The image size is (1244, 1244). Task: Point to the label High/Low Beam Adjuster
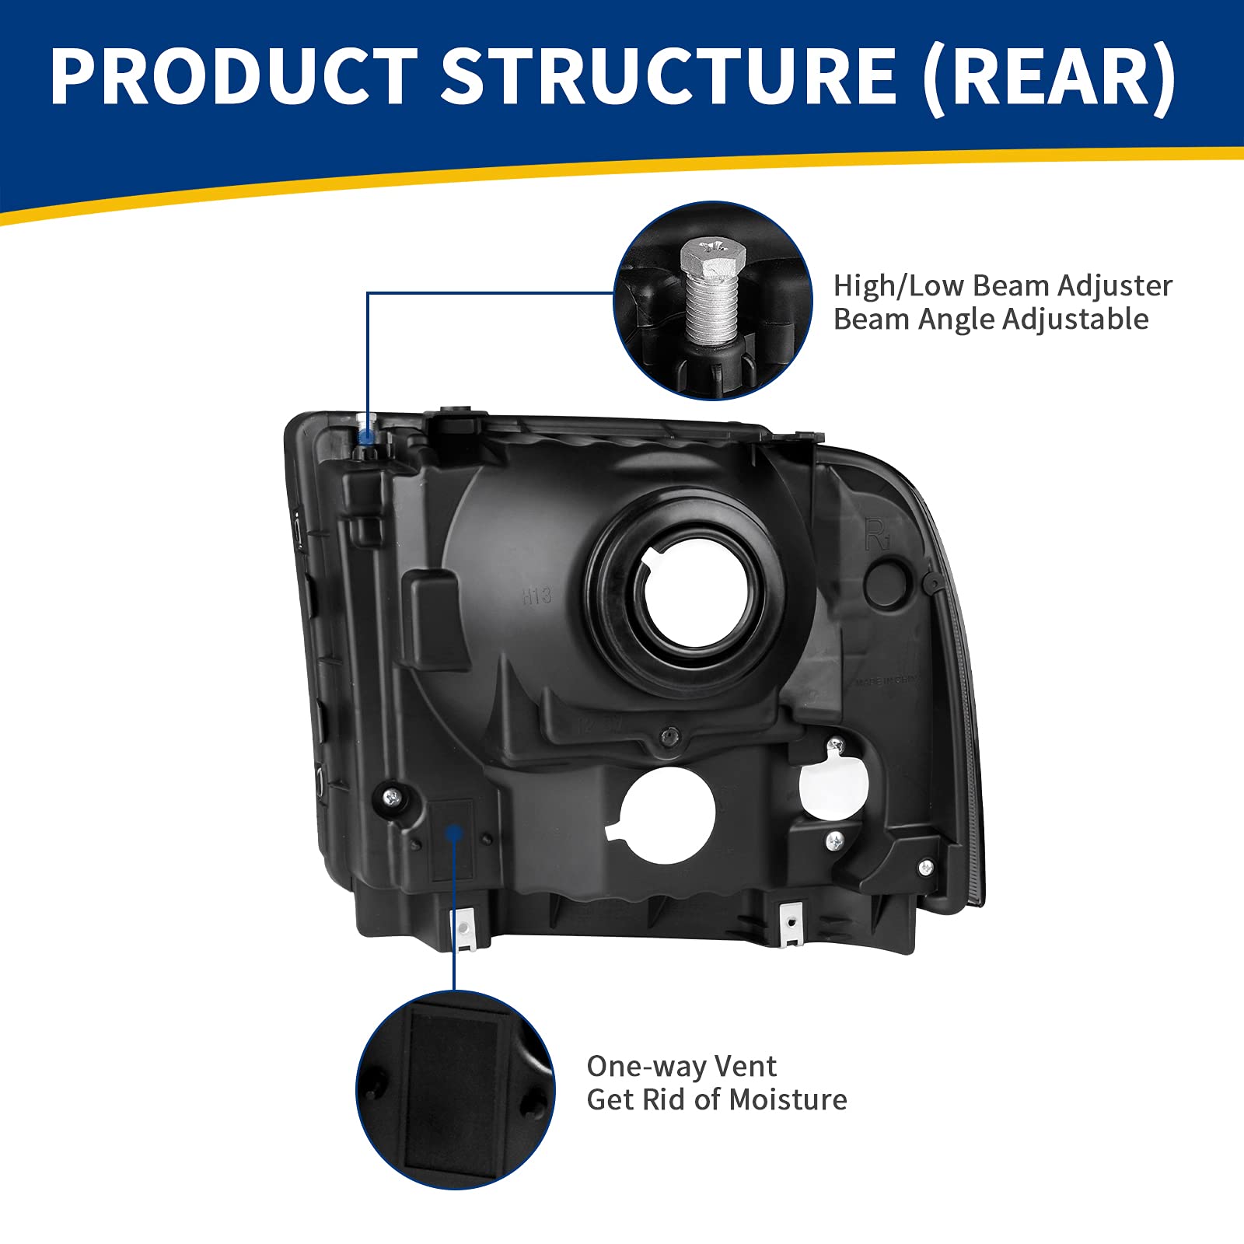[x=1002, y=286]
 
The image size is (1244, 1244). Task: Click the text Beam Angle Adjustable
[x=991, y=320]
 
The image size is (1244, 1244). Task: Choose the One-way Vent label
[x=681, y=1066]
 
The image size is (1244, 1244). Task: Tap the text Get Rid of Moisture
[x=717, y=1100]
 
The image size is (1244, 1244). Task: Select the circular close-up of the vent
[x=456, y=1090]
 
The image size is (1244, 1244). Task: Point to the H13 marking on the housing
[x=537, y=596]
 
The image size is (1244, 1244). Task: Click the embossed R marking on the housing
[x=876, y=536]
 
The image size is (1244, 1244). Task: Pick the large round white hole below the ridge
[x=667, y=815]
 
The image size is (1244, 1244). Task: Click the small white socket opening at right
[x=833, y=782]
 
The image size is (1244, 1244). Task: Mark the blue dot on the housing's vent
[x=455, y=833]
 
